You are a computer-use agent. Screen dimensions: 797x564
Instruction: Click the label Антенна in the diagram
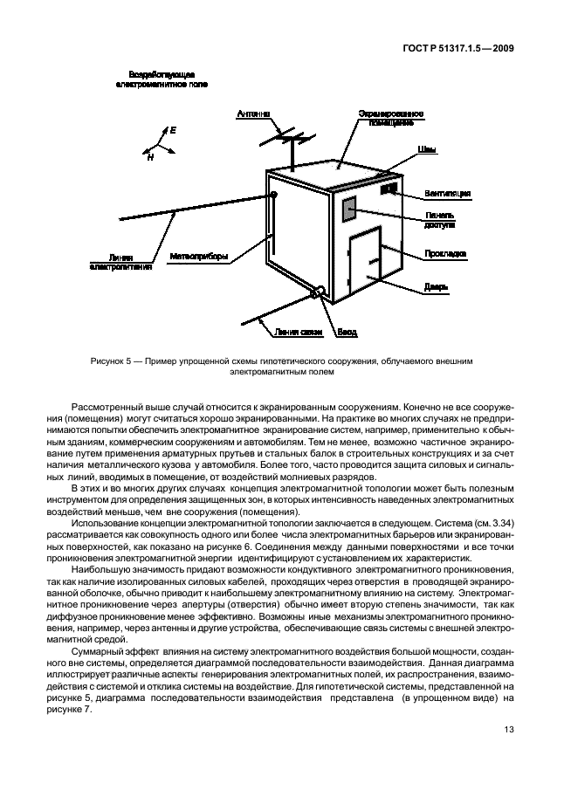coord(254,114)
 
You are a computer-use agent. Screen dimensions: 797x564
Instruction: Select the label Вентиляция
coord(448,193)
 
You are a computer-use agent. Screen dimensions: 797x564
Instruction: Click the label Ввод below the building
coord(347,332)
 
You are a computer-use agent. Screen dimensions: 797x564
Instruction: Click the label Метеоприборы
coord(198,257)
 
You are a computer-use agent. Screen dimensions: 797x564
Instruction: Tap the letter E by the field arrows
coord(173,130)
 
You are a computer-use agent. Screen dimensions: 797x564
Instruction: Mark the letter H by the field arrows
coord(149,158)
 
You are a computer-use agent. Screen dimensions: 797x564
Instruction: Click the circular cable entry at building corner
coord(320,292)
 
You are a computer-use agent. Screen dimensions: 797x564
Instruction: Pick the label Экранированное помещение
coord(391,119)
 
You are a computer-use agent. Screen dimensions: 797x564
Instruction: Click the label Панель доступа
coord(440,219)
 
